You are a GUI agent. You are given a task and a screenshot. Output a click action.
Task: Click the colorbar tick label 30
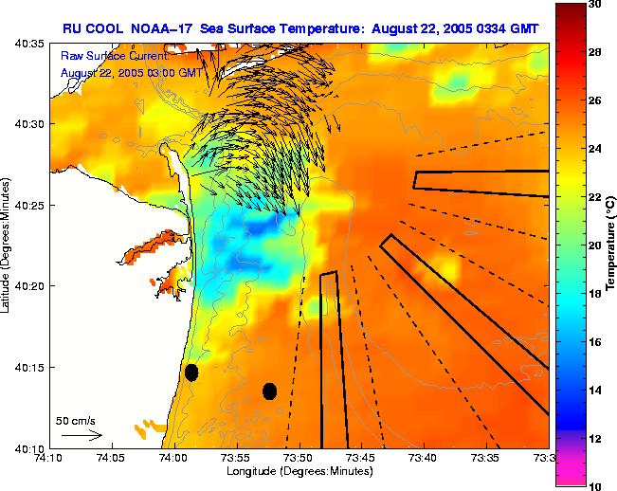(x=595, y=4)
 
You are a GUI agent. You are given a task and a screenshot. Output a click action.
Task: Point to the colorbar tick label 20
(x=595, y=245)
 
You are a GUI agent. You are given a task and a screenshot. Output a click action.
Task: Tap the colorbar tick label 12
(x=595, y=439)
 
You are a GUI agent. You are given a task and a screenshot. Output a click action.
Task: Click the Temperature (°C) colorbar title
(x=611, y=244)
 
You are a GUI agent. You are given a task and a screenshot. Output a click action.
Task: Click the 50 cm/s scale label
(x=76, y=419)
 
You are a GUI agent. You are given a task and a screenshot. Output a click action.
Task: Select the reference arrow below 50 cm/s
(x=81, y=435)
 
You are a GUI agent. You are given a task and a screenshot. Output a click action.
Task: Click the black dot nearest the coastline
(x=191, y=373)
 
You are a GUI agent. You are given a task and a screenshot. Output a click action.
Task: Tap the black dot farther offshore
(x=269, y=391)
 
